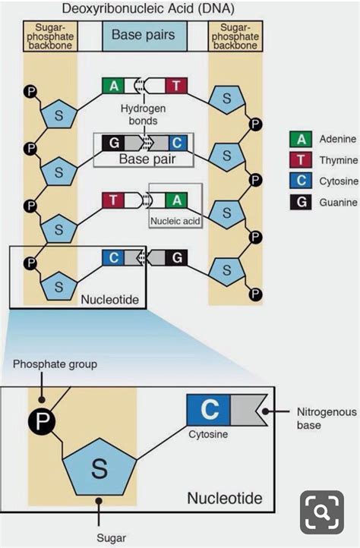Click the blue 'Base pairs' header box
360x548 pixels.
click(144, 36)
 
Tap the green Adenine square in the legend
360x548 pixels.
click(301, 139)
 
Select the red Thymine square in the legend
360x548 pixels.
click(301, 160)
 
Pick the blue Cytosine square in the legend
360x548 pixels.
click(301, 181)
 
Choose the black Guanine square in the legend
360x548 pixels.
click(301, 202)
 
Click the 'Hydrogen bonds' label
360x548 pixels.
click(143, 115)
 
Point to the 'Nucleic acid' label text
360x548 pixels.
click(175, 221)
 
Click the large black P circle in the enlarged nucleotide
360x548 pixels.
click(42, 420)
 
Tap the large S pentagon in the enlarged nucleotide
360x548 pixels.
click(99, 468)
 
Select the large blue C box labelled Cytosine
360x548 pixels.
click(208, 410)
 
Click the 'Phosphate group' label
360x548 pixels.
click(55, 364)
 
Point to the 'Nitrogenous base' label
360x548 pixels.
click(327, 418)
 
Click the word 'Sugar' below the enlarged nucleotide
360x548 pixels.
click(111, 538)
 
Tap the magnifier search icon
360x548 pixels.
click(322, 512)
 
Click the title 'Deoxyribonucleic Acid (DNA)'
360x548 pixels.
click(148, 8)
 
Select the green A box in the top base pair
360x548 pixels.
click(113, 86)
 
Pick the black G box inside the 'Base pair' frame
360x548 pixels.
click(113, 143)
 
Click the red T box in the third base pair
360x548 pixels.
click(113, 200)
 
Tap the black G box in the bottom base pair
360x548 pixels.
click(176, 257)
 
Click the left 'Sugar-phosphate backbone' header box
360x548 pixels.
click(50, 36)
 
